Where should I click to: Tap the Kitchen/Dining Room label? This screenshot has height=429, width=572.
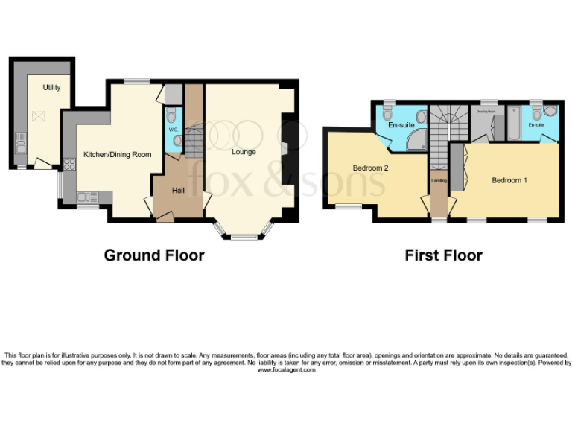(x=118, y=155)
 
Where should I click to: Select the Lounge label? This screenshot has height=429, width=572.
(x=244, y=152)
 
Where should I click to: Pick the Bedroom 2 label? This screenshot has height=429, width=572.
(x=370, y=168)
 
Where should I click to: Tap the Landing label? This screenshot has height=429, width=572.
(x=439, y=181)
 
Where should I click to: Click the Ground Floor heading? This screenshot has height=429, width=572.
(x=154, y=255)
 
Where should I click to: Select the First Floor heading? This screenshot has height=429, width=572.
(x=443, y=255)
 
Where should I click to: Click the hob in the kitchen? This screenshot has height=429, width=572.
(x=69, y=165)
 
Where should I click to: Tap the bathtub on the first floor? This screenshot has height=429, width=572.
(x=513, y=124)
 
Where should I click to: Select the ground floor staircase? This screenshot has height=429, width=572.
(x=194, y=142)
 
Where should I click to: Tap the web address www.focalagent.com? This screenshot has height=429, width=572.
(x=287, y=370)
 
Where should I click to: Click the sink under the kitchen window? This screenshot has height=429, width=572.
(x=87, y=197)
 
